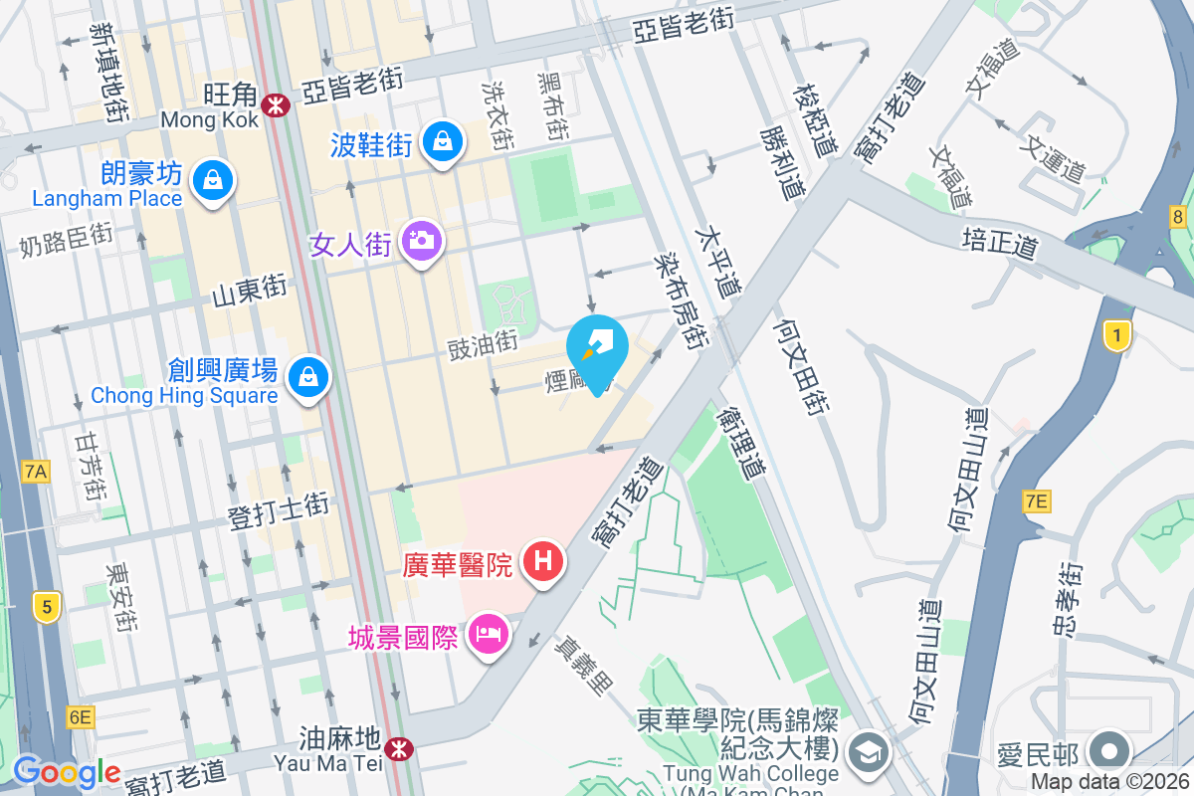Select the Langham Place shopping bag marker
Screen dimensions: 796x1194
click(x=212, y=181)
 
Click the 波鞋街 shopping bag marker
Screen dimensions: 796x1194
click(x=442, y=140)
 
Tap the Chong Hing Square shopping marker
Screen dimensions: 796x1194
click(x=308, y=377)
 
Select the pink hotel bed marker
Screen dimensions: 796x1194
click(x=488, y=633)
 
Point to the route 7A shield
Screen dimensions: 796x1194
click(x=36, y=472)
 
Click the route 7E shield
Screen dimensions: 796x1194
click(x=1035, y=501)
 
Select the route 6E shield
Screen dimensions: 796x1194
click(x=81, y=716)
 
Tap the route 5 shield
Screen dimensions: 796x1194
click(x=44, y=605)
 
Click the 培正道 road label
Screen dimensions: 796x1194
click(x=1000, y=243)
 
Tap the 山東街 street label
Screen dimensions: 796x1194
click(x=250, y=291)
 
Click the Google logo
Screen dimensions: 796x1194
click(x=67, y=771)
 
